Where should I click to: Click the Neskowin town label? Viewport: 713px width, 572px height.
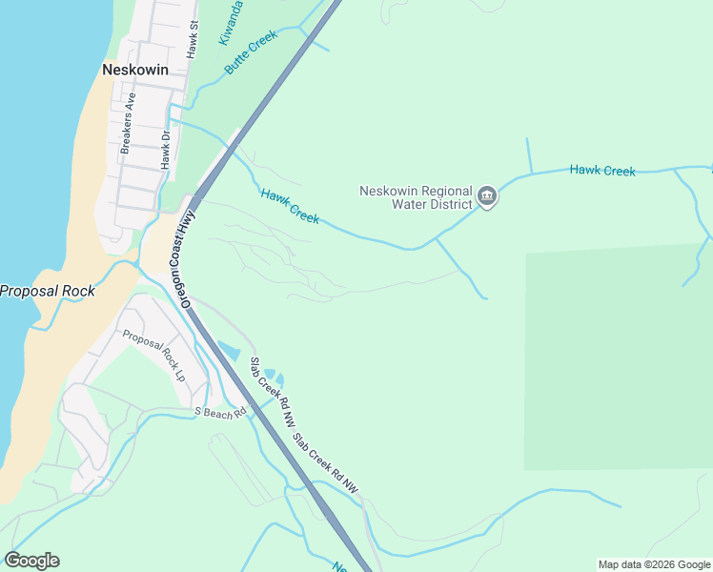(x=134, y=70)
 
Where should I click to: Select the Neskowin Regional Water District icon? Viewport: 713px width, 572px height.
(x=487, y=197)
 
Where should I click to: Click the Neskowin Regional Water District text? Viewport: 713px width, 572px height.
(x=416, y=197)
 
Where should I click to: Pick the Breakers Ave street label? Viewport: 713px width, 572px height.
(x=128, y=124)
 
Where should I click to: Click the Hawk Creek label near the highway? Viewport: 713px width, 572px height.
(x=290, y=206)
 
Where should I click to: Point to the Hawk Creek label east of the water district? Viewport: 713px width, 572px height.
(x=602, y=171)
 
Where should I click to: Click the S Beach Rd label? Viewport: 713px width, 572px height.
(x=220, y=412)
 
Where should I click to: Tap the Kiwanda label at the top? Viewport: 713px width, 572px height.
(x=230, y=22)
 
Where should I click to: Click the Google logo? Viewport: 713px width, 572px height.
(x=32, y=561)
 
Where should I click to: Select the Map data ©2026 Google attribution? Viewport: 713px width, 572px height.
(x=654, y=564)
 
